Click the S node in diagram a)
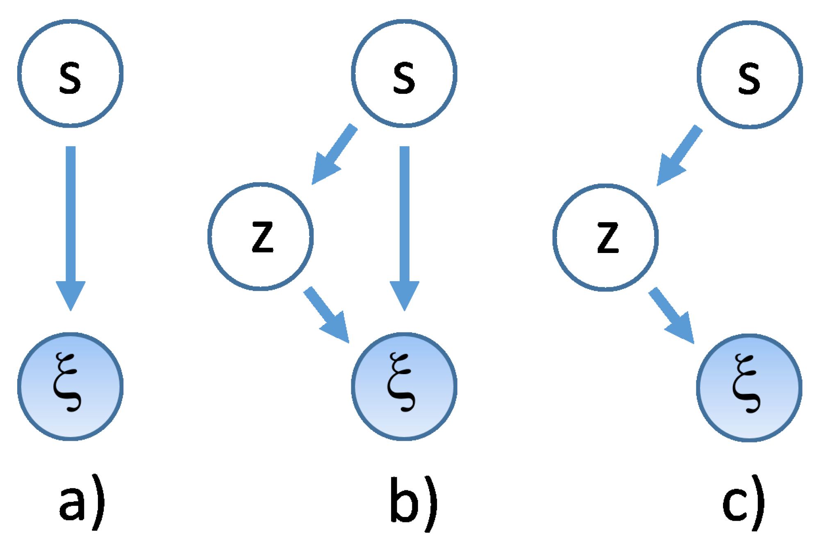(x=71, y=74)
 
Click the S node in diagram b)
(x=404, y=74)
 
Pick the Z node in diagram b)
(x=261, y=236)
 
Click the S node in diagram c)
(x=750, y=75)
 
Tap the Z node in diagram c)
(x=606, y=237)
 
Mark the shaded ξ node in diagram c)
(x=749, y=388)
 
